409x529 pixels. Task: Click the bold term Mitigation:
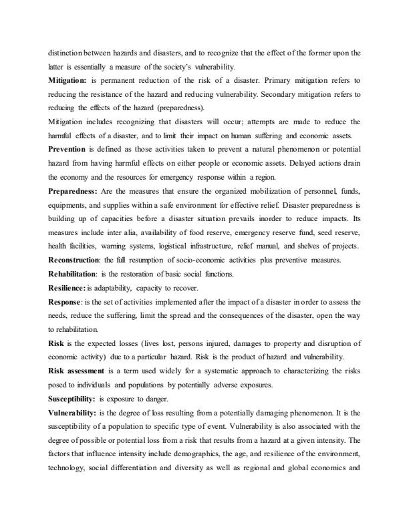(x=68, y=79)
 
